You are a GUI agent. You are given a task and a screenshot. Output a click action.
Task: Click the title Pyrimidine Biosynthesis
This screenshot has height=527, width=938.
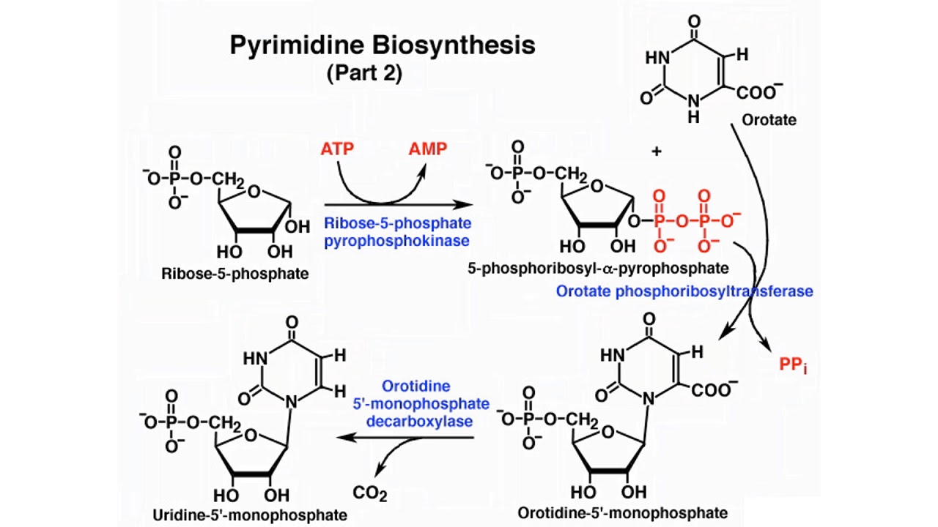(383, 45)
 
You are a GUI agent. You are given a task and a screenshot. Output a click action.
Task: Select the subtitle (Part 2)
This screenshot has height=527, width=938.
(364, 73)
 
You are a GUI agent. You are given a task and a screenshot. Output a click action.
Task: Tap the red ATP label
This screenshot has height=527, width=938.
(337, 149)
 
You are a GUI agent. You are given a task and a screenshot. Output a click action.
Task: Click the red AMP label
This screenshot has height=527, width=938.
(427, 149)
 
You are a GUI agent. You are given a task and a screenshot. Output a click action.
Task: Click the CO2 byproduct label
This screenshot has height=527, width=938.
(369, 493)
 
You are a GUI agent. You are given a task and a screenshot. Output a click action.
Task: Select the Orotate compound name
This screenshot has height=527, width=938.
(769, 119)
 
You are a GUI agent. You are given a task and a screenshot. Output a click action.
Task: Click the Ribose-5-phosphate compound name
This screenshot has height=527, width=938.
(234, 273)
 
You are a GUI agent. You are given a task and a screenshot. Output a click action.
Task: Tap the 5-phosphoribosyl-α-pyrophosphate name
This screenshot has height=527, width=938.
(599, 269)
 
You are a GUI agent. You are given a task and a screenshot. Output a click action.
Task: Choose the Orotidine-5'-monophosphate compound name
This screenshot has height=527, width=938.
(623, 512)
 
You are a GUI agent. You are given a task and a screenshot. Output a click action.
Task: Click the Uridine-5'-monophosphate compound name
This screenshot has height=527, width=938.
(250, 515)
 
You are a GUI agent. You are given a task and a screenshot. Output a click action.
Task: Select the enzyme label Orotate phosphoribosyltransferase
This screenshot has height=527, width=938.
(684, 291)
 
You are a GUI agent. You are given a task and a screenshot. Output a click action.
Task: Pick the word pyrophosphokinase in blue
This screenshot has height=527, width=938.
(397, 240)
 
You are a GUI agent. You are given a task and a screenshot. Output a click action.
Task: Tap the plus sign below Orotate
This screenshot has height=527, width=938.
(656, 151)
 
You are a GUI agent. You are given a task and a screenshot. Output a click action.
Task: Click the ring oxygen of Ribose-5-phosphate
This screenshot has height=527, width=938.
(254, 193)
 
